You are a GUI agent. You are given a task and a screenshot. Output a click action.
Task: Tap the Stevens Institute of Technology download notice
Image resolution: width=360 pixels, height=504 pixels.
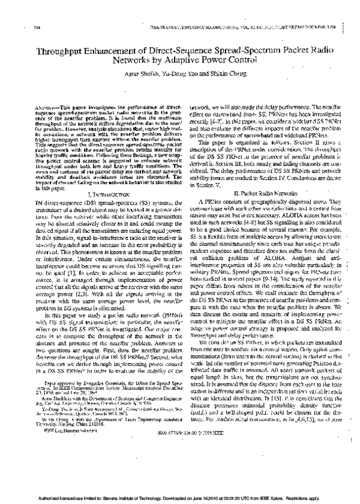click(x=180, y=497)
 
